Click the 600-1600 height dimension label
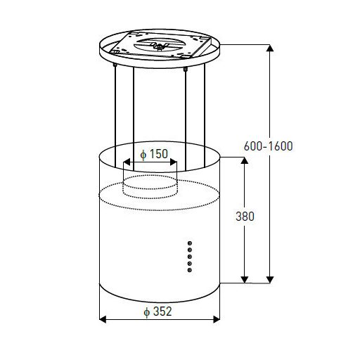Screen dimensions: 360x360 (x=268, y=146)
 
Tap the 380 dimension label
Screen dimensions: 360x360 (x=245, y=217)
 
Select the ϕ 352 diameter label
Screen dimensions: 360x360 (x=157, y=311)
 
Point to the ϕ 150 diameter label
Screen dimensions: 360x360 (x=154, y=154)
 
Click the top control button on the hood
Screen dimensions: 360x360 (x=190, y=243)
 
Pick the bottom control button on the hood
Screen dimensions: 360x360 (x=190, y=270)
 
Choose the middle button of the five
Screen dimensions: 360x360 (x=190, y=257)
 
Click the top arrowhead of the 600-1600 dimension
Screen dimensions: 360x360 (x=270, y=48)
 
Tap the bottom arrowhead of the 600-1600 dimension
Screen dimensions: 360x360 (x=270, y=280)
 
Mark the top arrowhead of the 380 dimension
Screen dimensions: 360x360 (x=245, y=160)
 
